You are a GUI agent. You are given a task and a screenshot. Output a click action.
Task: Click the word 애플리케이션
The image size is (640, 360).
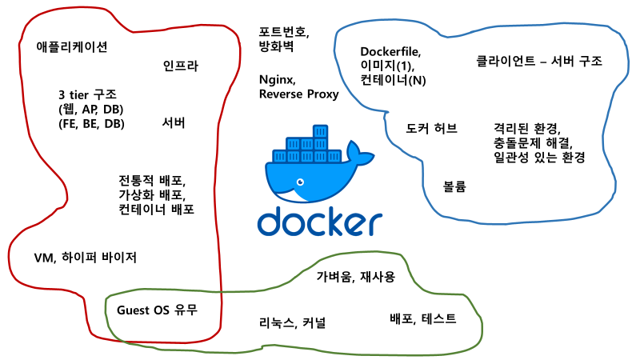(x=72, y=46)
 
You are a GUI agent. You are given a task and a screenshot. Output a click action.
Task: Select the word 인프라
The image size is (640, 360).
(x=180, y=66)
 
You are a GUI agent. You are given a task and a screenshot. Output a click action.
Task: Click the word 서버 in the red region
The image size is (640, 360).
(x=174, y=123)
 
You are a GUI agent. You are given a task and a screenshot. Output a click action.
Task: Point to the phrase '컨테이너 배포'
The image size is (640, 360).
(x=156, y=209)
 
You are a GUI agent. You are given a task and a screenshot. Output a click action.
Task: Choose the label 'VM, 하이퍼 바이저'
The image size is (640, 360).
(x=86, y=258)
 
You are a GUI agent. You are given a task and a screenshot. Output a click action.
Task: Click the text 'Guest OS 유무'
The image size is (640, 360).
(x=157, y=310)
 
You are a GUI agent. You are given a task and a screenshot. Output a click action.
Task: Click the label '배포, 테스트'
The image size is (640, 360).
(x=422, y=318)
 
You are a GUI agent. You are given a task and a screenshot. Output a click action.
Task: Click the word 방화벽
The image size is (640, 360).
(x=276, y=47)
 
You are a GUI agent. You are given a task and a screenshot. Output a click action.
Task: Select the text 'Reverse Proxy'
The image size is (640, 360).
(x=298, y=94)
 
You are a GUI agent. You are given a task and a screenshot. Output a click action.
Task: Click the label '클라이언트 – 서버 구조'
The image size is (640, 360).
(x=538, y=61)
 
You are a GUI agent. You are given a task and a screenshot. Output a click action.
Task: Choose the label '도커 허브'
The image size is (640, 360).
(x=431, y=128)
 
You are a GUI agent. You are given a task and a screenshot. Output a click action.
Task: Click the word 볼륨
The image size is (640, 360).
(x=454, y=186)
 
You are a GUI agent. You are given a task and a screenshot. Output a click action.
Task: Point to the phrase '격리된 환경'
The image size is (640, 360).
(x=527, y=128)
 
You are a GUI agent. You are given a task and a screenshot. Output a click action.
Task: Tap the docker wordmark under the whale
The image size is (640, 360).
(x=320, y=222)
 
